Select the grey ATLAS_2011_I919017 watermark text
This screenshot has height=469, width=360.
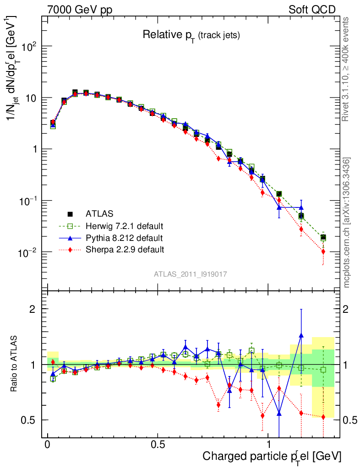pos(191,274)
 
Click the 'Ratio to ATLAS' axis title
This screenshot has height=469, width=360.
pos(15,364)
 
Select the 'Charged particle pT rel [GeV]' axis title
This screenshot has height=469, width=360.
pos(272,456)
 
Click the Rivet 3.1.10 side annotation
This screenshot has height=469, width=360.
pos(346,69)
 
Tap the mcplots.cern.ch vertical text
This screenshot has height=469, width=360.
pos(347,222)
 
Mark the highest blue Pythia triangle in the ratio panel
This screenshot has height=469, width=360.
pos(301,335)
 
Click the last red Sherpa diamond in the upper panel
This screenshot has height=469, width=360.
pos(323,251)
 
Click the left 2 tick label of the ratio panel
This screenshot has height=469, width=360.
pos(33,309)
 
